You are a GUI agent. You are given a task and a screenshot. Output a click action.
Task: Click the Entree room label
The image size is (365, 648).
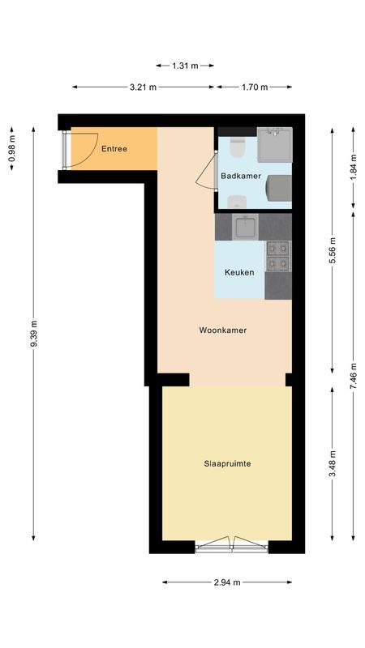(x=114, y=148)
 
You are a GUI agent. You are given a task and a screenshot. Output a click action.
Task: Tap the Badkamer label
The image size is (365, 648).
(x=240, y=176)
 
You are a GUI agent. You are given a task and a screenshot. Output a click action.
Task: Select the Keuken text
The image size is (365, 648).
(x=239, y=272)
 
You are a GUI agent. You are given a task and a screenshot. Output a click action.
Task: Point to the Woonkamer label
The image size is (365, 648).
(x=223, y=330)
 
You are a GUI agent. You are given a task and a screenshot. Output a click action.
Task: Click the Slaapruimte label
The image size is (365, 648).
(x=226, y=464)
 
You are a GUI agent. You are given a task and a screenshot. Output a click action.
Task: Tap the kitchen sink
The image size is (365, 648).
(x=244, y=227)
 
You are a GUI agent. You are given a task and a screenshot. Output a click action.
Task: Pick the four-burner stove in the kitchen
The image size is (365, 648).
(x=278, y=255)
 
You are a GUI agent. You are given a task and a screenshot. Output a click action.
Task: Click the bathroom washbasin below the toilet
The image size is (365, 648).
(x=237, y=202)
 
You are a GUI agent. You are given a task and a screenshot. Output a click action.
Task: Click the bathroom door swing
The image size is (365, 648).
(x=207, y=174)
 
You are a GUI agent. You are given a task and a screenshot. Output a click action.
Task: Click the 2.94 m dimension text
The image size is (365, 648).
(x=226, y=582)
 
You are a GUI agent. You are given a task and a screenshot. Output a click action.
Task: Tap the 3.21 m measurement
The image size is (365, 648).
(x=143, y=87)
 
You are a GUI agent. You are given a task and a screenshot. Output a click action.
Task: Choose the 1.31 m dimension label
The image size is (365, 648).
(x=186, y=66)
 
